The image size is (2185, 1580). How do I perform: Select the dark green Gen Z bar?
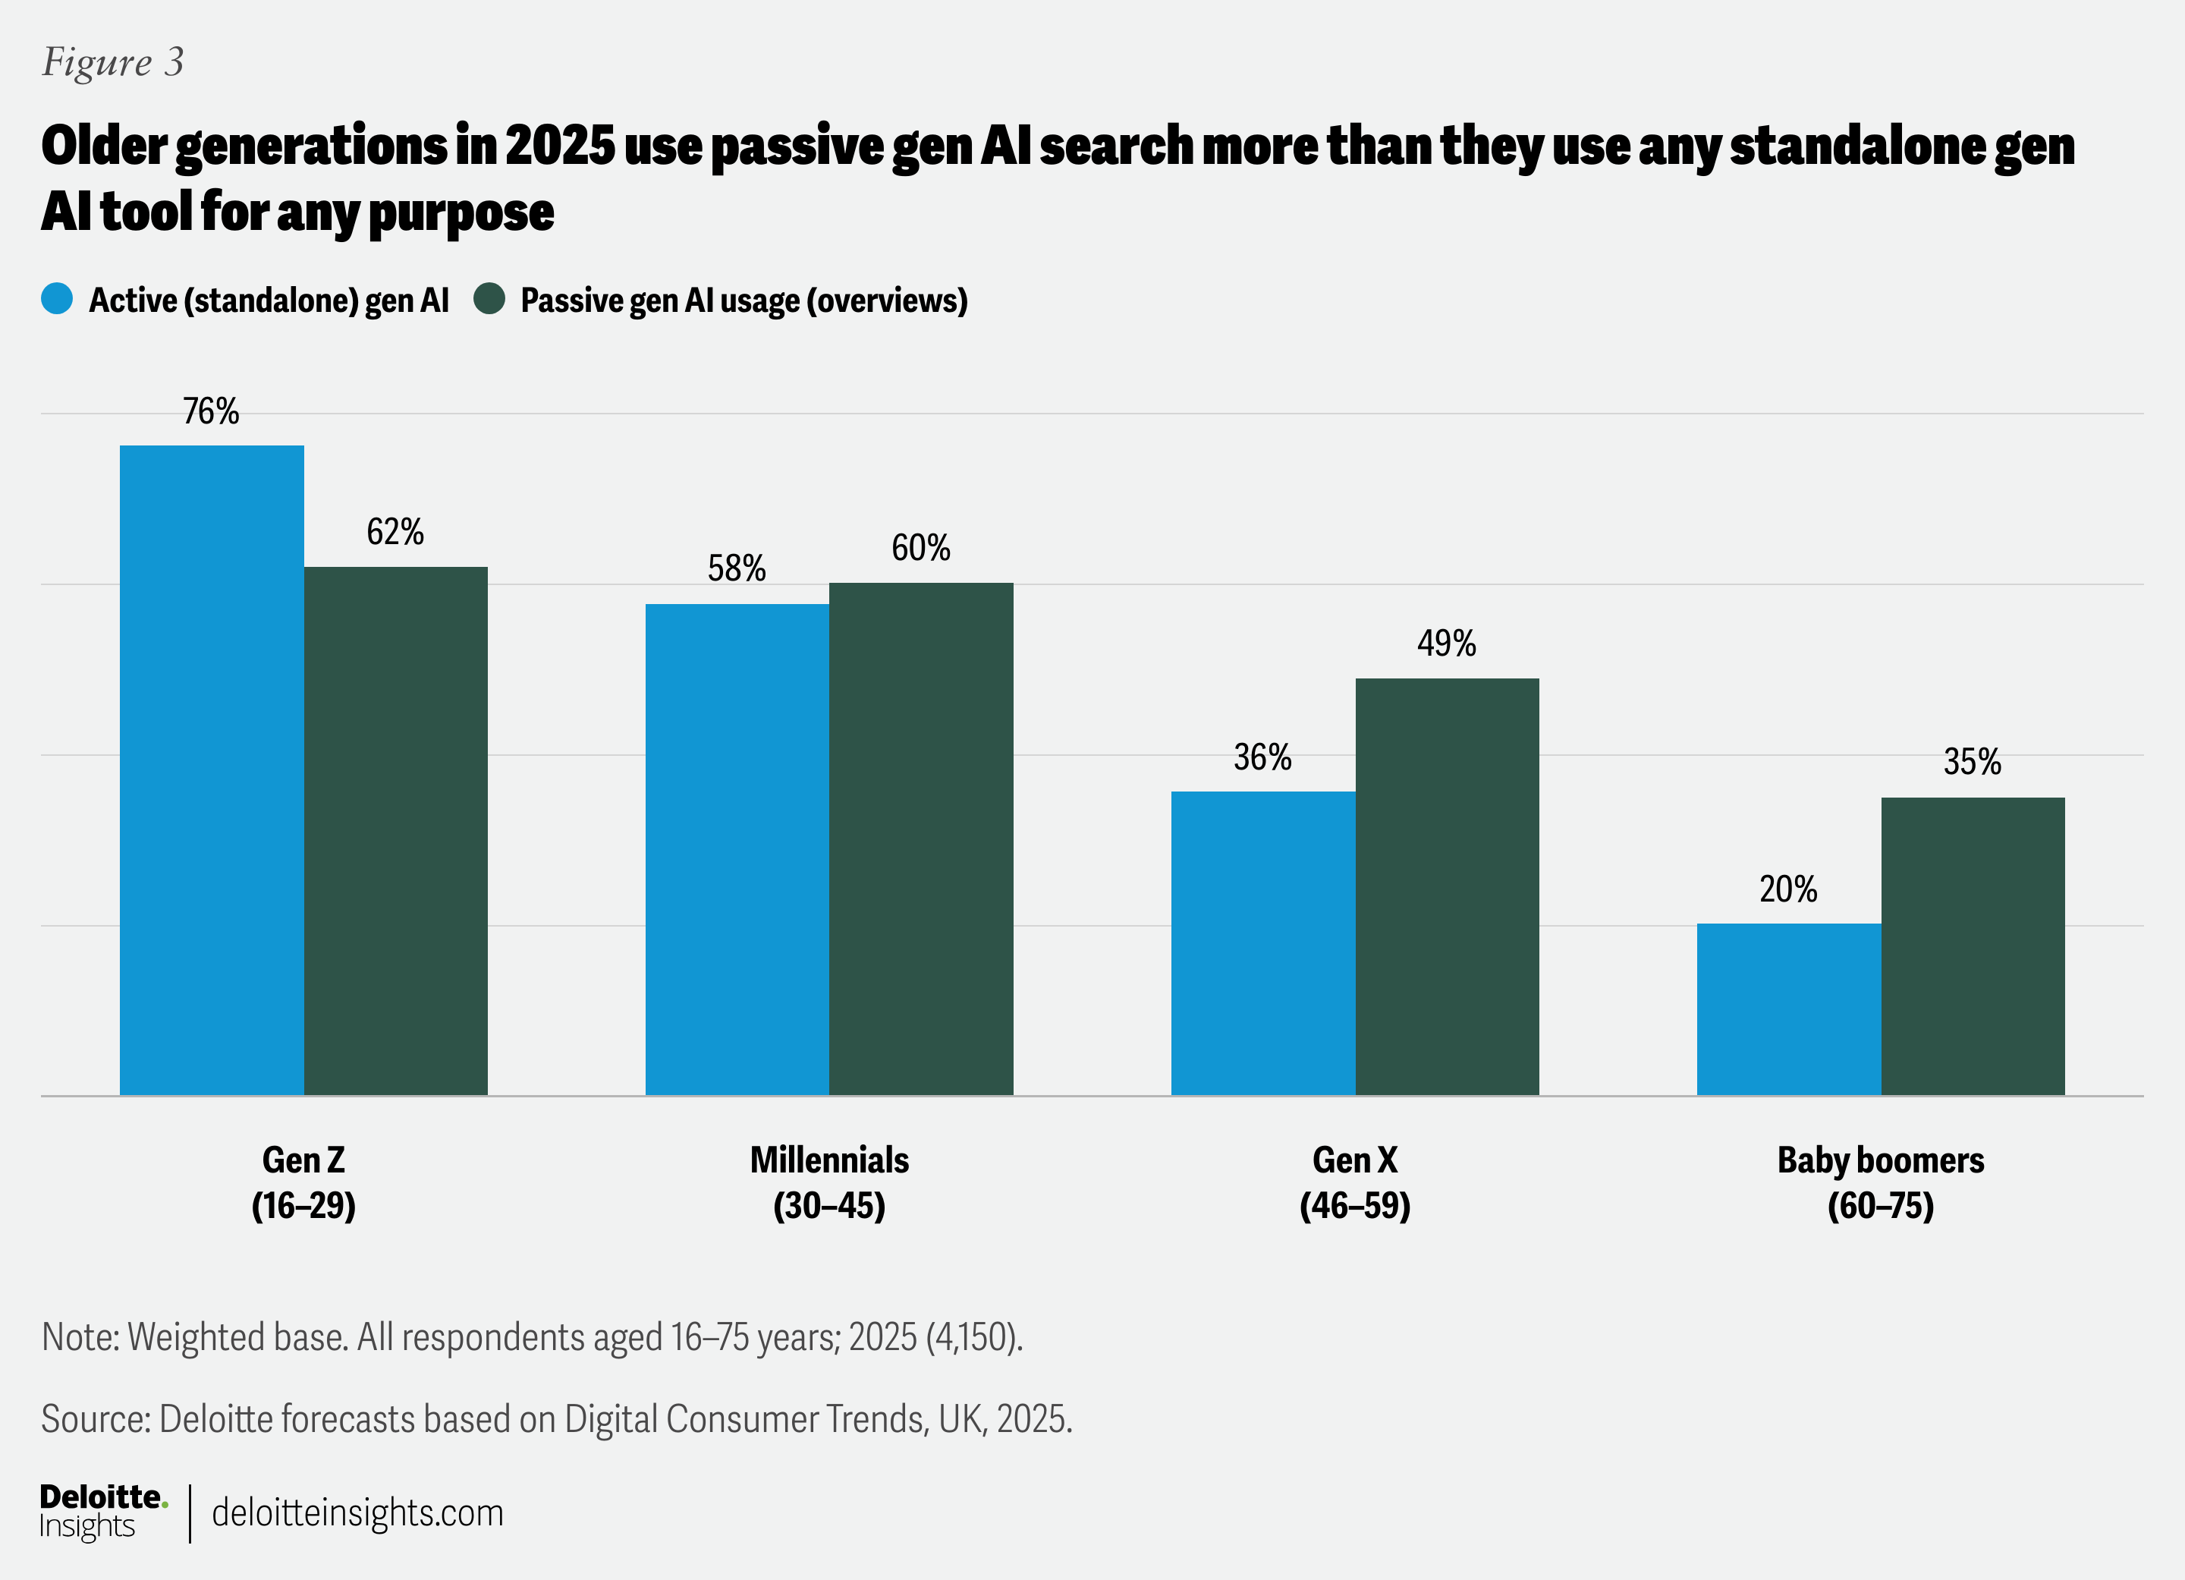[395, 829]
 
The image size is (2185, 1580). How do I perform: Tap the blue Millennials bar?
[736, 848]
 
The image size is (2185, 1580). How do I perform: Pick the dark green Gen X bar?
[1446, 886]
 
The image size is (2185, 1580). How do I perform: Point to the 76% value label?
[211, 411]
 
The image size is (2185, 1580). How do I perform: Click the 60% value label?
[920, 548]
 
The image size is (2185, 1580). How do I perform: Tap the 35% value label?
[1972, 762]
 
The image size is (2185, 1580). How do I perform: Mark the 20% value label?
[1788, 888]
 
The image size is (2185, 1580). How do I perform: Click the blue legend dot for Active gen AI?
[58, 299]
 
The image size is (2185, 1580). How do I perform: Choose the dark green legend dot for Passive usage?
[489, 299]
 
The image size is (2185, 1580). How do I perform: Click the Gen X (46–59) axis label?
[1354, 1182]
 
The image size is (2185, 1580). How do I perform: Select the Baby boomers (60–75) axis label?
[1881, 1182]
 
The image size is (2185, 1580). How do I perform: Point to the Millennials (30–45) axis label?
[828, 1182]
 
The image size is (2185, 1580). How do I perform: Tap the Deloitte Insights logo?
[102, 1512]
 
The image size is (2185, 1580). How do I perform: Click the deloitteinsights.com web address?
[357, 1512]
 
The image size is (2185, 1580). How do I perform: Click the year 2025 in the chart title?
[560, 146]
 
